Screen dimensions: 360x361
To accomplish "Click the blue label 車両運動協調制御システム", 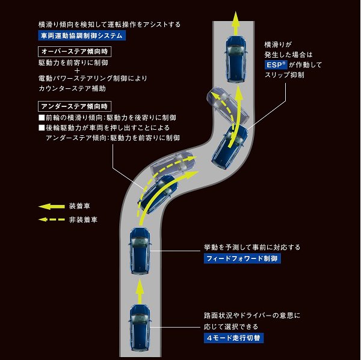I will tap(79, 36).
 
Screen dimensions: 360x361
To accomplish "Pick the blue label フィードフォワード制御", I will tap(242, 258).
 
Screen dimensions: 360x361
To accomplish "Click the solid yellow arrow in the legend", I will tap(52, 206).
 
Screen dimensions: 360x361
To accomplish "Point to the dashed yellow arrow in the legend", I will tap(52, 220).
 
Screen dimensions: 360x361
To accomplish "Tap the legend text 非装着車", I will tap(84, 220).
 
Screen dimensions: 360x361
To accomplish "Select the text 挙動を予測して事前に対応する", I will tap(252, 247).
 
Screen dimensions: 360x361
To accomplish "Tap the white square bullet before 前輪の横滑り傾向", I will tap(42, 117).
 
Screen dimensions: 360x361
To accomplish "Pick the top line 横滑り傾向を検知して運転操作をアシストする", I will tap(109, 25).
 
